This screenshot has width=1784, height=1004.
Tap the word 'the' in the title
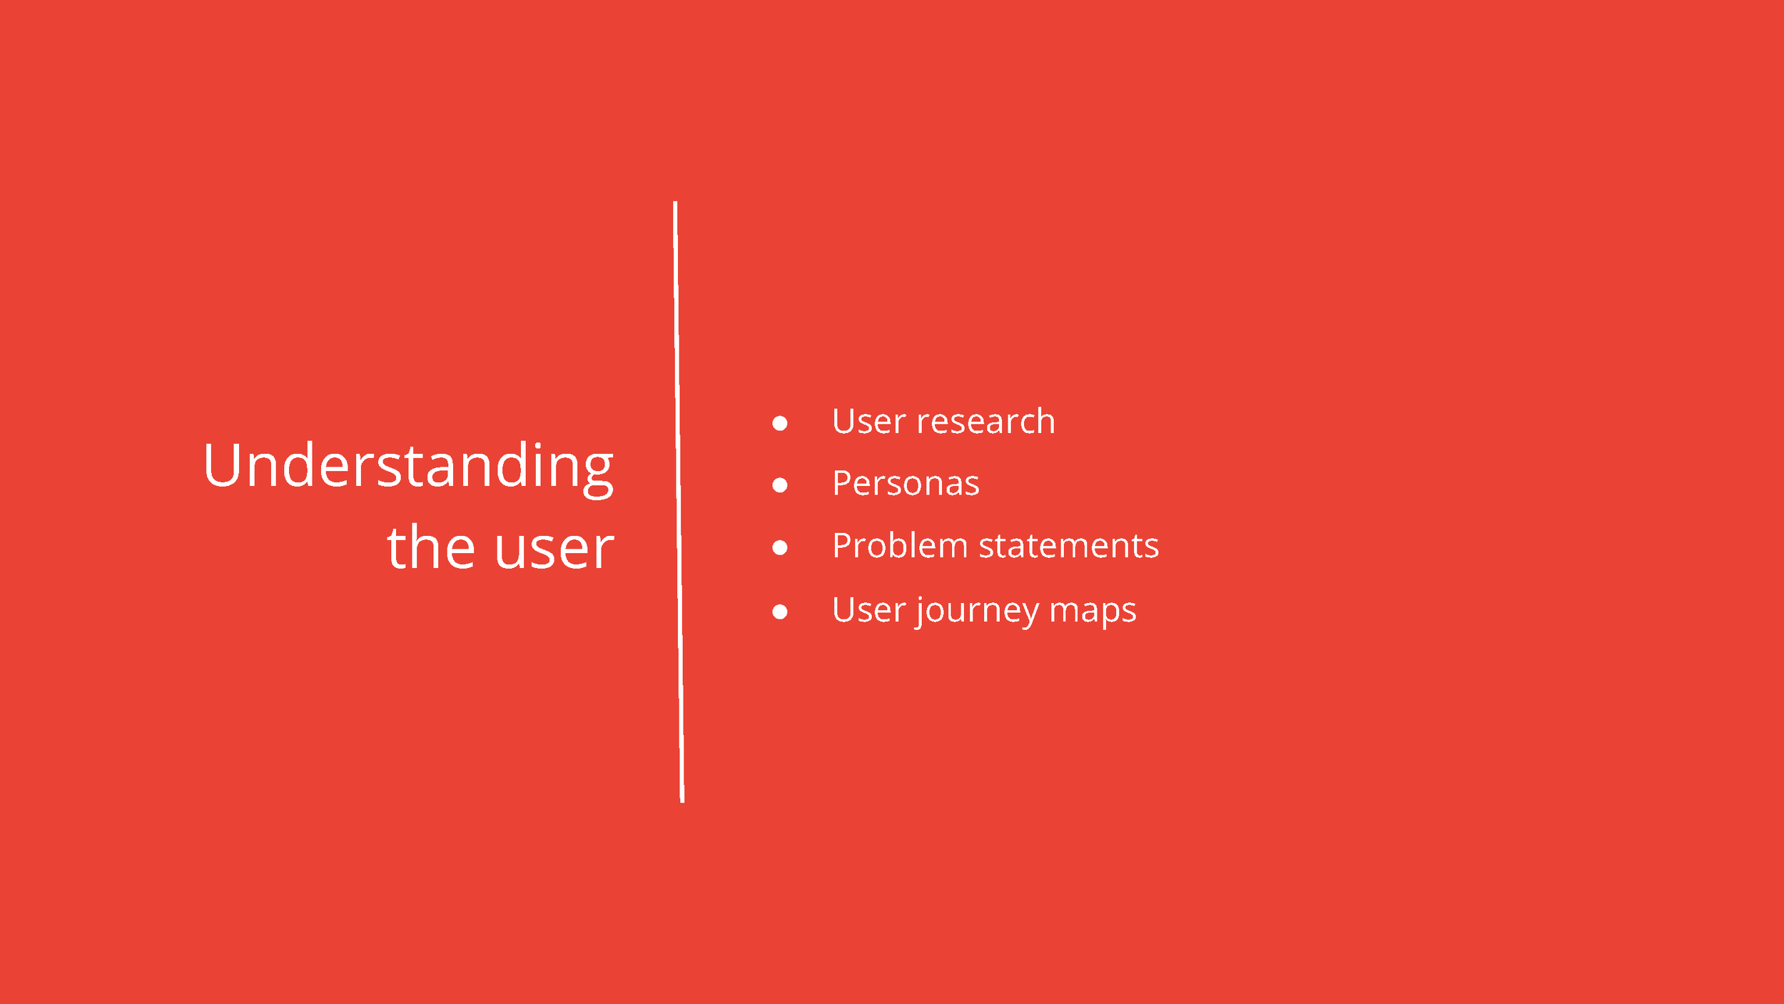click(431, 548)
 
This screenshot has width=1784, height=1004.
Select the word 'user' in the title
click(554, 549)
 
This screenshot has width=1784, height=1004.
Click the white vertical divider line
click(679, 500)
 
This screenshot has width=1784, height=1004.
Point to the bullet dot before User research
click(780, 424)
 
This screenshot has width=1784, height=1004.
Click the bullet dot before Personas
click(780, 486)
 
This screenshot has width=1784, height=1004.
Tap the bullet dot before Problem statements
click(780, 548)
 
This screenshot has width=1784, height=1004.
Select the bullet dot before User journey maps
click(780, 612)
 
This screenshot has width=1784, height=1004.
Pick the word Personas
click(906, 484)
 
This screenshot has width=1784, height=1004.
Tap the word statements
click(1068, 547)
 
